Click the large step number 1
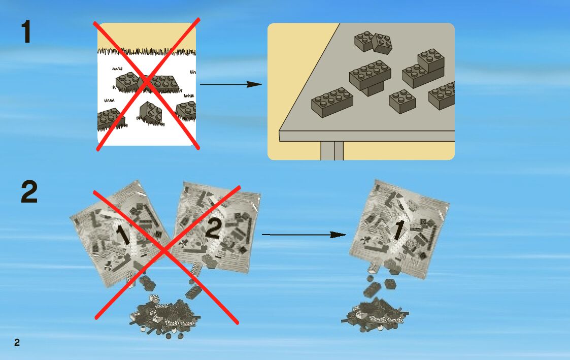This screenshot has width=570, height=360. [x=26, y=32]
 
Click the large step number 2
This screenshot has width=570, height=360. [x=29, y=193]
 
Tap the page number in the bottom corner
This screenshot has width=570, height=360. [x=17, y=343]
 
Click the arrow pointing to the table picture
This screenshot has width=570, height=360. [x=231, y=84]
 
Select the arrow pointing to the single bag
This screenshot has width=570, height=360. [x=304, y=235]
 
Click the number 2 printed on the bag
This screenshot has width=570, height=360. [x=214, y=229]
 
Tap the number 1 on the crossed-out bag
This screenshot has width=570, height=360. [x=121, y=235]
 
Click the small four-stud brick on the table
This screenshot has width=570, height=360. [x=403, y=101]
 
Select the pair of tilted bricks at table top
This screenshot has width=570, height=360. [x=374, y=42]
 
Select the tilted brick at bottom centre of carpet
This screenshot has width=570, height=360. [x=151, y=113]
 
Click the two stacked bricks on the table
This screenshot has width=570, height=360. [x=424, y=68]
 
